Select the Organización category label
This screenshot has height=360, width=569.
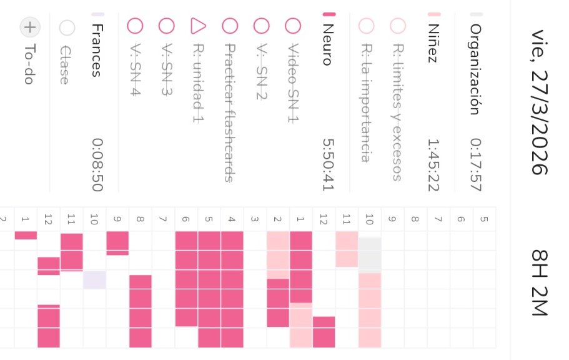point(475,69)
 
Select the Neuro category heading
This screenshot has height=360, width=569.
point(328,41)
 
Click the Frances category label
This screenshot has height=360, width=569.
point(96,50)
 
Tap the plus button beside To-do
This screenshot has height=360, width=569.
point(29,27)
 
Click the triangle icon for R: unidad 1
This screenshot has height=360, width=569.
point(197,26)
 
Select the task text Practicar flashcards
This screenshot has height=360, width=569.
point(229,112)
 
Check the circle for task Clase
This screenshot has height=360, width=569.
point(66,27)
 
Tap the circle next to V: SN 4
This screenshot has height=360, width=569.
point(135,26)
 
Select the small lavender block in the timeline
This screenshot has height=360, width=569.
point(94,279)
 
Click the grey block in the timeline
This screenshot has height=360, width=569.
point(370,254)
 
